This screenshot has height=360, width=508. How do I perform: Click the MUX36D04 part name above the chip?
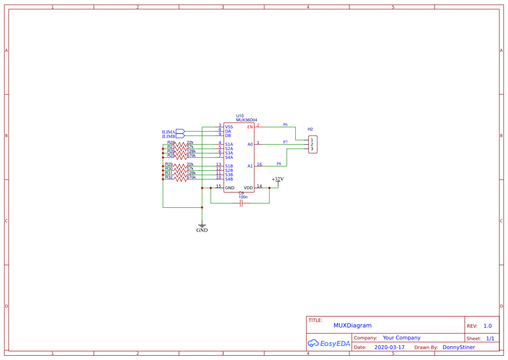click(246, 120)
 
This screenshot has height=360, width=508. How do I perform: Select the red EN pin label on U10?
click(250, 127)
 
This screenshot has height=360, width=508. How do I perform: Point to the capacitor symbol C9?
click(241, 203)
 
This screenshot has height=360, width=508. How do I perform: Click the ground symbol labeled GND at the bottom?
click(202, 227)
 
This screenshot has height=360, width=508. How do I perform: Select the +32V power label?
click(278, 179)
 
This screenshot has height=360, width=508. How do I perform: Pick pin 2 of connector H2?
click(312, 144)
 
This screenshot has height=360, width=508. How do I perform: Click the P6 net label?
click(286, 125)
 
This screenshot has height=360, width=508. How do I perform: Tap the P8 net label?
click(279, 164)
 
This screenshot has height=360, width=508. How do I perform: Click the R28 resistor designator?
click(171, 142)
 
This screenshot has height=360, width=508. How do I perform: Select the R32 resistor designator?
click(169, 177)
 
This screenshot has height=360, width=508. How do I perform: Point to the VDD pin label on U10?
click(248, 188)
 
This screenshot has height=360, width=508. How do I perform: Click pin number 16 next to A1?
click(259, 164)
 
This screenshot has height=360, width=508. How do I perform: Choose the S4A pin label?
click(229, 157)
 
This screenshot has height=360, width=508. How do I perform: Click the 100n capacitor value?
click(243, 197)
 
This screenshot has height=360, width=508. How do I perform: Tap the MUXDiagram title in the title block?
click(352, 325)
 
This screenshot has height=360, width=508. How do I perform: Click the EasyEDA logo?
click(329, 343)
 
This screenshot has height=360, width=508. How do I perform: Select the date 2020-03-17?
click(389, 347)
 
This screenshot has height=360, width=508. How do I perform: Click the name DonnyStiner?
click(458, 347)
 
